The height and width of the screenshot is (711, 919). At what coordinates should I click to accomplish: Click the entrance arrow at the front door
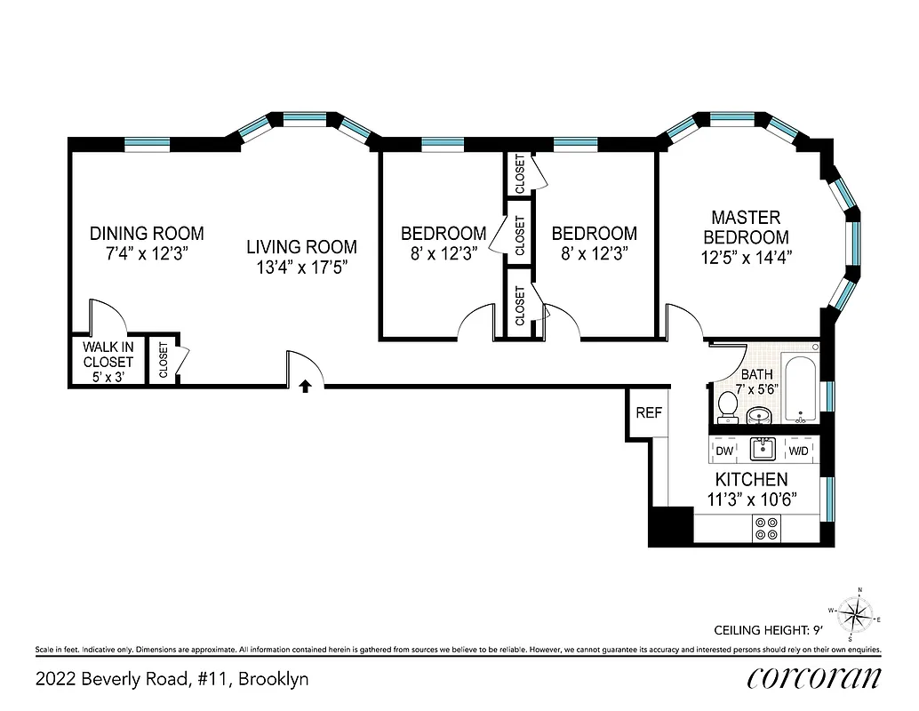pyautogui.click(x=305, y=386)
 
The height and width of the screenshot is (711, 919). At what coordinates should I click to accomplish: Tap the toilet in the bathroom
pyautogui.click(x=728, y=406)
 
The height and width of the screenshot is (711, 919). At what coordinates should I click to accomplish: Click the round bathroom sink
pyautogui.click(x=759, y=415)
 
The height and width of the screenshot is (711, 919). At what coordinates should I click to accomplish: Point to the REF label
pyautogui.click(x=648, y=413)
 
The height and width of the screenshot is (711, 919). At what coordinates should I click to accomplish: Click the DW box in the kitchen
pyautogui.click(x=724, y=451)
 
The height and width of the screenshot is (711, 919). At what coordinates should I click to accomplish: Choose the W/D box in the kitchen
pyautogui.click(x=799, y=451)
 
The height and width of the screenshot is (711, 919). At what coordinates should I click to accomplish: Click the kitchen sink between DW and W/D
pyautogui.click(x=762, y=449)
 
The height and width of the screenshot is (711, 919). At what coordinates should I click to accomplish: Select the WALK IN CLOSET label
pyautogui.click(x=108, y=362)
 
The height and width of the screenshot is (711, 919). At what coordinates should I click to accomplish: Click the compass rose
pyautogui.click(x=856, y=613)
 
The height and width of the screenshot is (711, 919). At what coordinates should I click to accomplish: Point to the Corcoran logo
pyautogui.click(x=814, y=677)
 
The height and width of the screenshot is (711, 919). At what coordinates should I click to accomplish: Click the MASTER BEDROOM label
pyautogui.click(x=746, y=228)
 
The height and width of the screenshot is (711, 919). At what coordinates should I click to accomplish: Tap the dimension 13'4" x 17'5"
pyautogui.click(x=302, y=267)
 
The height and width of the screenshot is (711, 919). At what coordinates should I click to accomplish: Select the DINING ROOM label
pyautogui.click(x=147, y=234)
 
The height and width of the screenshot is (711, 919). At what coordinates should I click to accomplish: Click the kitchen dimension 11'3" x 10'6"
pyautogui.click(x=746, y=499)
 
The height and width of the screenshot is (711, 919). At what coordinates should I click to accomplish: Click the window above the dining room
pyautogui.click(x=147, y=142)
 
